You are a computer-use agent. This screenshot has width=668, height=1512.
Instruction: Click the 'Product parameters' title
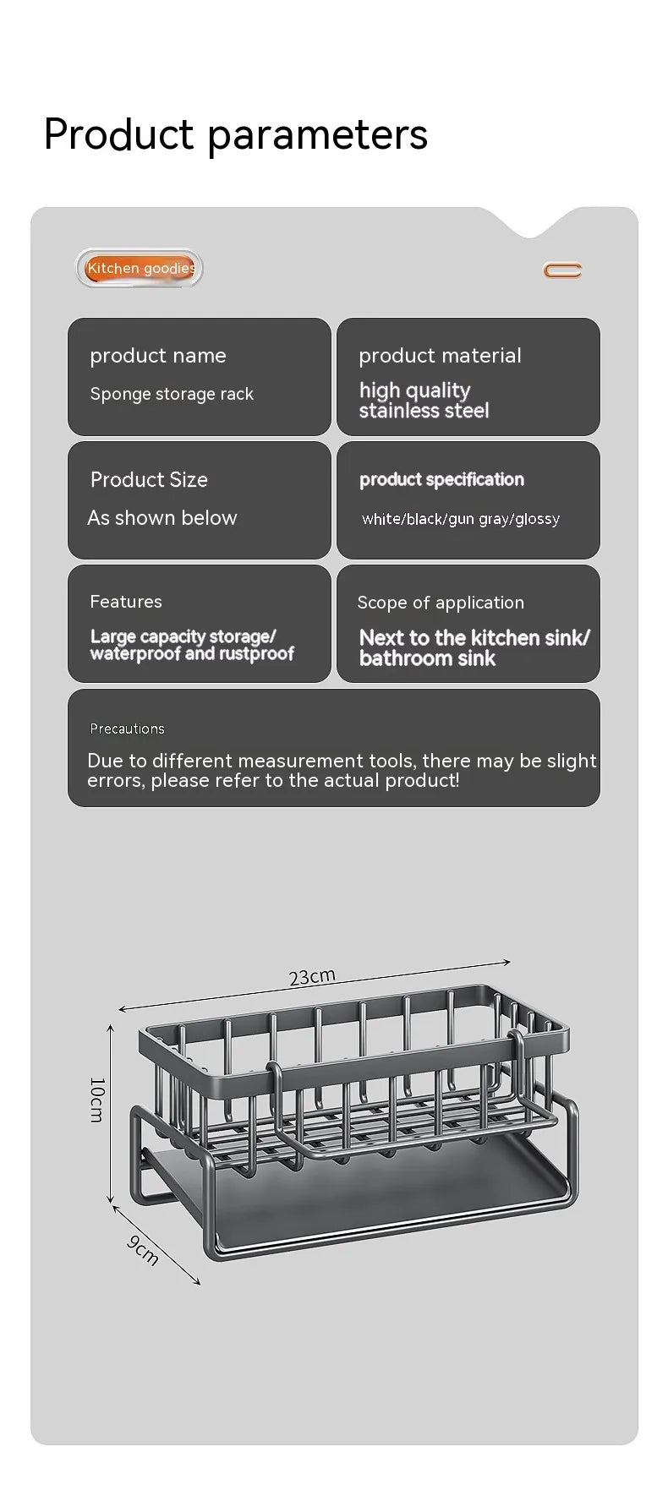point(235,134)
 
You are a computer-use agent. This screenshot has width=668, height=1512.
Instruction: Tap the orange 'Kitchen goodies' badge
point(140,269)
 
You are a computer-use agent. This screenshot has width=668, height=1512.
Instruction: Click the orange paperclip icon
point(562,270)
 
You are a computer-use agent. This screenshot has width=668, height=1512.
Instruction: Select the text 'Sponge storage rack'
point(172,394)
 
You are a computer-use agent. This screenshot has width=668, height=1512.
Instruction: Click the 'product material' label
point(440,356)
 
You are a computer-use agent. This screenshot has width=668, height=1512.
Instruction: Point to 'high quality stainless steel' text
point(424,401)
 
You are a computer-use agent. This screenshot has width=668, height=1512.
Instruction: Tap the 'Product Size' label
point(149,480)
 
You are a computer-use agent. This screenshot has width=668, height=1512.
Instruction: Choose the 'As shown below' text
point(162,518)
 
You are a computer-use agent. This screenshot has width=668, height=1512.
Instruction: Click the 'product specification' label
point(441,479)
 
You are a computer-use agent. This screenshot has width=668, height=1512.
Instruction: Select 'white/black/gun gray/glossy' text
point(461,519)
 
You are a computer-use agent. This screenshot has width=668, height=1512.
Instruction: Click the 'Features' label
point(126,602)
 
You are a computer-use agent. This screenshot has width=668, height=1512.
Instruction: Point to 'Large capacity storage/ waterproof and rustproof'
point(192,645)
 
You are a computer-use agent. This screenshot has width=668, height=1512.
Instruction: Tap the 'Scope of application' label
point(441,603)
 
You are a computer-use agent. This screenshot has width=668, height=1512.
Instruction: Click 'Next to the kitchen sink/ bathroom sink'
point(474,647)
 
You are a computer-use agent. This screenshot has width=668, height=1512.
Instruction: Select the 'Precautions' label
point(128,729)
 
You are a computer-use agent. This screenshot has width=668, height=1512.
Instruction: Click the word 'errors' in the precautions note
point(114,781)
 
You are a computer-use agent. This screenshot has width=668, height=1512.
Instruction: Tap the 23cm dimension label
point(312,977)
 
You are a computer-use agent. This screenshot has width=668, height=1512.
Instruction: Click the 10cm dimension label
point(96,1099)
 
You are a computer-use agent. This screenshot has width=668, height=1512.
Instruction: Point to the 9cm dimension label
point(143,1250)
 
